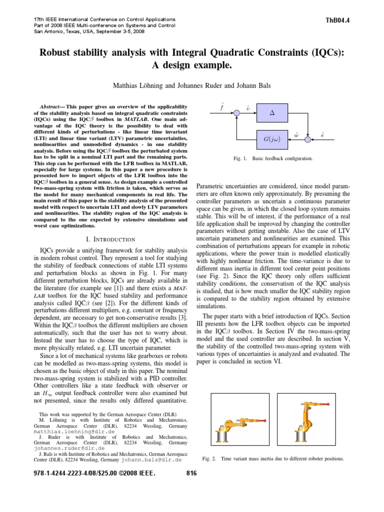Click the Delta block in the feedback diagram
pos(272,113)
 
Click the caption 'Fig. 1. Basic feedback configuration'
pos(273,158)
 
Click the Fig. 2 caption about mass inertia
pos(273,458)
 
